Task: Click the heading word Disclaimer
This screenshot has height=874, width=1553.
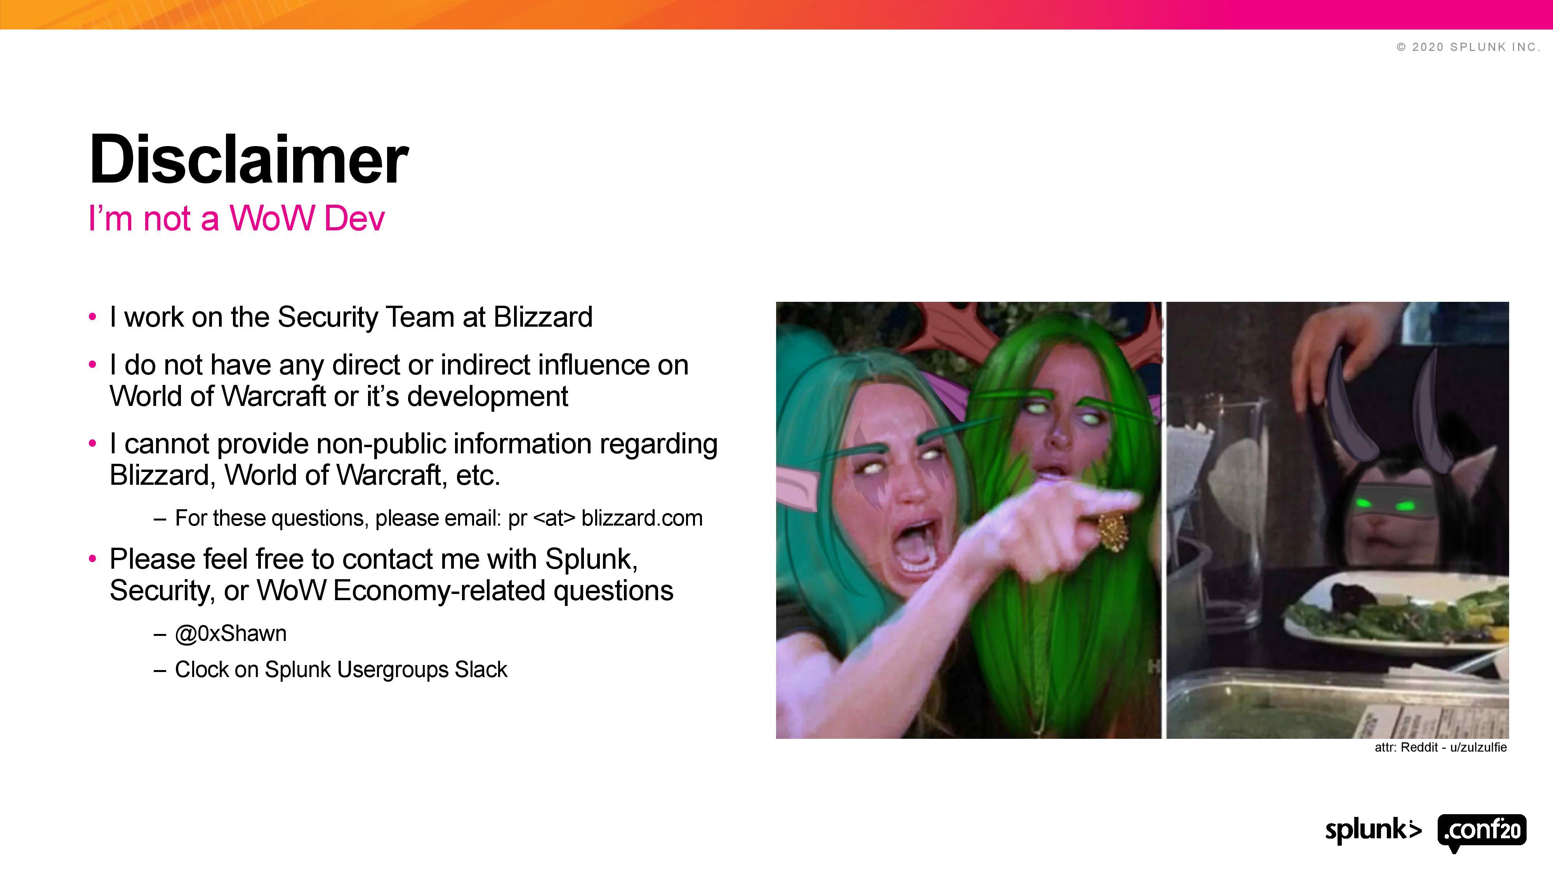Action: (x=248, y=159)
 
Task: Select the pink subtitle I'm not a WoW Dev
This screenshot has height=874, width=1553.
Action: (x=236, y=218)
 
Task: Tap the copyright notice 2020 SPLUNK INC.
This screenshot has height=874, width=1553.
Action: (x=1469, y=47)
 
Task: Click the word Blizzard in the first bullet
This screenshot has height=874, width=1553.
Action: (x=543, y=317)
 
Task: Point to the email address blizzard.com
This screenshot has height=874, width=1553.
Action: (x=642, y=518)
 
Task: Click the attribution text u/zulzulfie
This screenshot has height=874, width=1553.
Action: (x=1478, y=747)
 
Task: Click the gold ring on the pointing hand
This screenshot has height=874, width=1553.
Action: (x=1111, y=530)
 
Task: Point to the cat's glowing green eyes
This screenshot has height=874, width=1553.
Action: (x=1383, y=504)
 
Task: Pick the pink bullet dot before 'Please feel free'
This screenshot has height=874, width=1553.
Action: (x=92, y=559)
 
